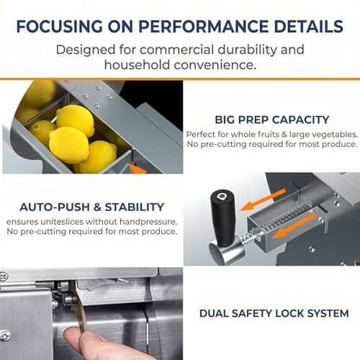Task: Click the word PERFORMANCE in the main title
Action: (x=204, y=26)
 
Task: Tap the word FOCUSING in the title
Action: (x=60, y=26)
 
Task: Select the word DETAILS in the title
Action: (x=309, y=26)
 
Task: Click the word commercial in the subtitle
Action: (x=176, y=50)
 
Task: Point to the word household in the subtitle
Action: (x=138, y=65)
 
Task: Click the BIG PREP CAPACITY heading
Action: (x=272, y=120)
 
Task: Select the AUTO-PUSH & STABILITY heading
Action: (x=92, y=207)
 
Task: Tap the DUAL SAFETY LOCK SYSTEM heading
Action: (x=274, y=313)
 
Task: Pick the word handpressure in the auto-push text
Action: (x=148, y=222)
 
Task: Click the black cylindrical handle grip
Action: (x=222, y=217)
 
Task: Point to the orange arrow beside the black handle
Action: (x=263, y=200)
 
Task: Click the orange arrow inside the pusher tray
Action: (x=294, y=226)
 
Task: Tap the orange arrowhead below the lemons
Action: (x=138, y=168)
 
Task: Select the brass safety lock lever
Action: (x=78, y=307)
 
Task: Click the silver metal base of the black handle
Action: (x=225, y=251)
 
